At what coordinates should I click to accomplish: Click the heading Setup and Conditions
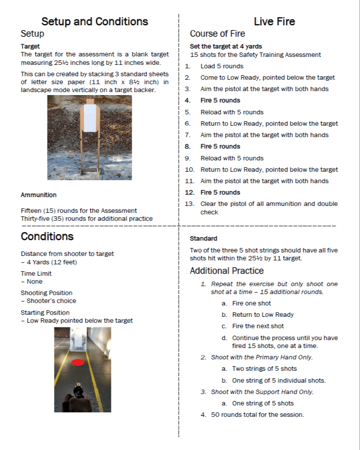point(95,21)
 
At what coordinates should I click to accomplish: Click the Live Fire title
point(274,21)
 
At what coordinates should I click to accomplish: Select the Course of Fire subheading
point(217,34)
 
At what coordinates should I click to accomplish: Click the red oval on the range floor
point(78,362)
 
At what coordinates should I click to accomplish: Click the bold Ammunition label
point(39,195)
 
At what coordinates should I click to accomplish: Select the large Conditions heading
point(47,236)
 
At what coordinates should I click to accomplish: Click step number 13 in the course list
point(189,204)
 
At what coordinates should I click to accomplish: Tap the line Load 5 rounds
point(222,66)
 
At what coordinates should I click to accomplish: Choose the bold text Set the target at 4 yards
point(226,47)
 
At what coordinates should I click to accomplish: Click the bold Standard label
point(204,239)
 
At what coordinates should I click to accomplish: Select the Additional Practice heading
point(227,271)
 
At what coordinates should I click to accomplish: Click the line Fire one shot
point(252,303)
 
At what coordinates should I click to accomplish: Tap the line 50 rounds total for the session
point(257,414)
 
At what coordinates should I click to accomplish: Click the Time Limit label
point(36,273)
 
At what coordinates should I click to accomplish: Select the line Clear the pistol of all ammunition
point(269,204)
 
